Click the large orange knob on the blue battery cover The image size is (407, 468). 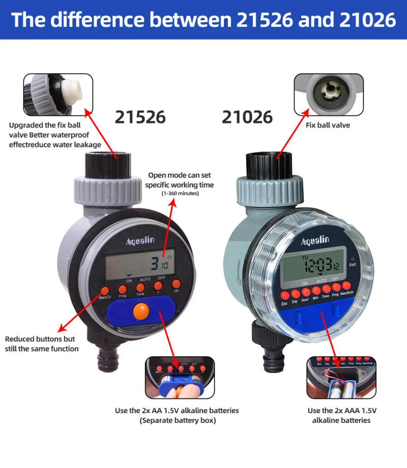pyautogui.click(x=141, y=310)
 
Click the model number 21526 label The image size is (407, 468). pyautogui.click(x=140, y=117)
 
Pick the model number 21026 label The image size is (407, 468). pyautogui.click(x=247, y=117)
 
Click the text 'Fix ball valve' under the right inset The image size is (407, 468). pyautogui.click(x=328, y=125)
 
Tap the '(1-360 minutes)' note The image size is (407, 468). pyautogui.click(x=180, y=194)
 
